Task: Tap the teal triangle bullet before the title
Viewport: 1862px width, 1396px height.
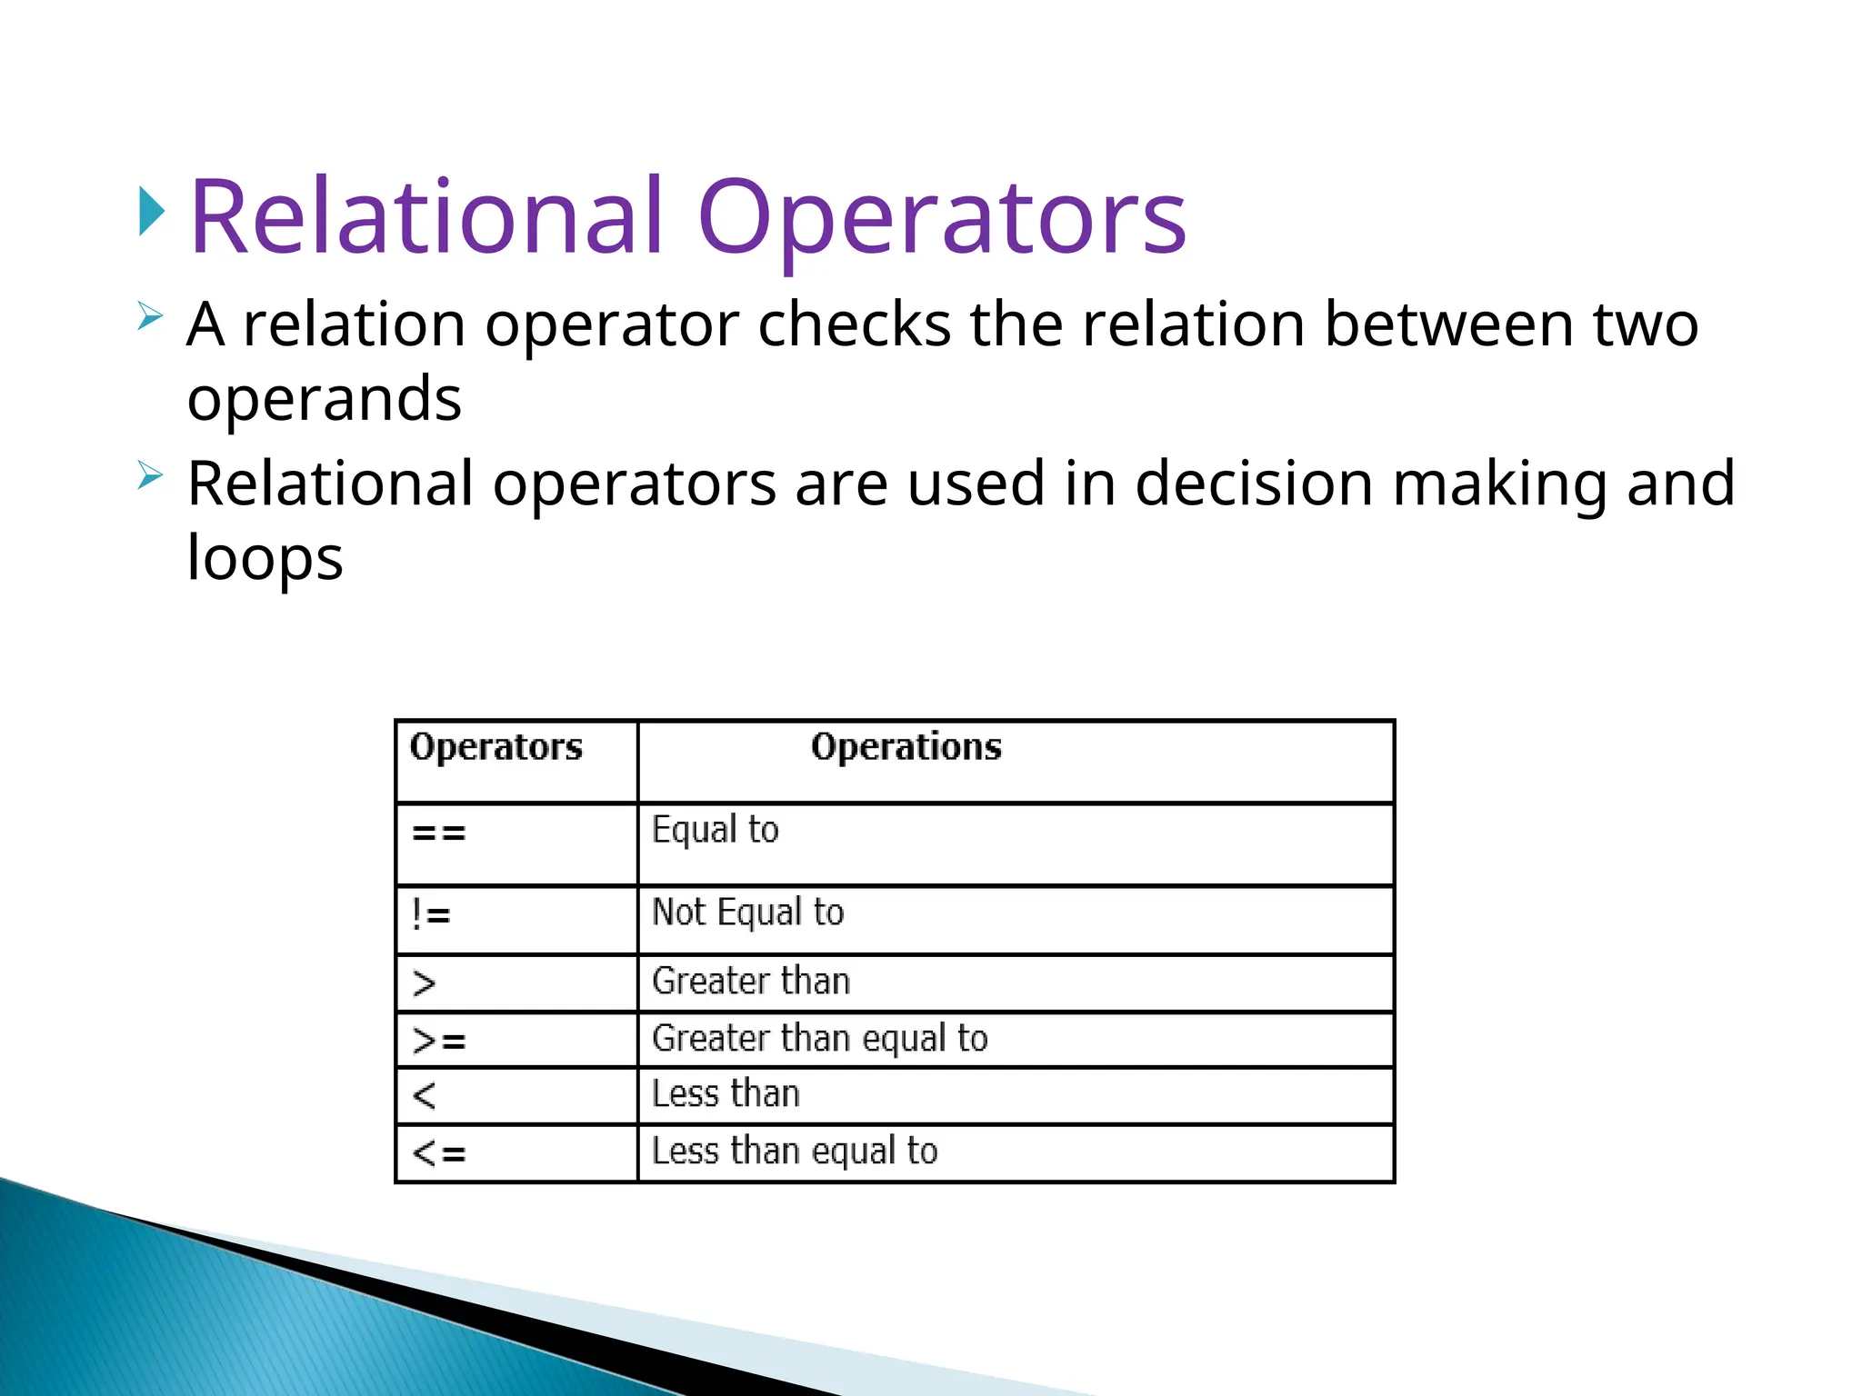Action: tap(152, 211)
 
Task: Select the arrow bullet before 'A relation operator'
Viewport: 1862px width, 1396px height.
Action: tap(150, 317)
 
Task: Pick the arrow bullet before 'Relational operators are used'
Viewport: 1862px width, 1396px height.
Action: tap(150, 475)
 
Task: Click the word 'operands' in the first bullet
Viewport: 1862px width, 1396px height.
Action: tap(324, 399)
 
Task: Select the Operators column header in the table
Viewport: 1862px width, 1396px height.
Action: tap(496, 747)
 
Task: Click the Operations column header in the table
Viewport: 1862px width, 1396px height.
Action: tap(906, 747)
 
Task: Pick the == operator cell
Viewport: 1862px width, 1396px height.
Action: tap(439, 833)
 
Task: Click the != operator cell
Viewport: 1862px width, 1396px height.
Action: tap(431, 914)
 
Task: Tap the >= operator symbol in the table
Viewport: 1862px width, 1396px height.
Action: tap(439, 1041)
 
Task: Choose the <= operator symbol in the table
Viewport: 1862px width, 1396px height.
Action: tap(439, 1153)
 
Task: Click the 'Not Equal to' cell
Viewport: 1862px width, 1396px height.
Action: tap(747, 912)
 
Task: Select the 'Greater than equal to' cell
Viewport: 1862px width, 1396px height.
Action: tap(819, 1038)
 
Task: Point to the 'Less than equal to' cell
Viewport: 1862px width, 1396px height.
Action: tap(794, 1151)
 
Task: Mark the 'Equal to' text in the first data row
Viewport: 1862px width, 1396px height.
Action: tap(715, 830)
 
